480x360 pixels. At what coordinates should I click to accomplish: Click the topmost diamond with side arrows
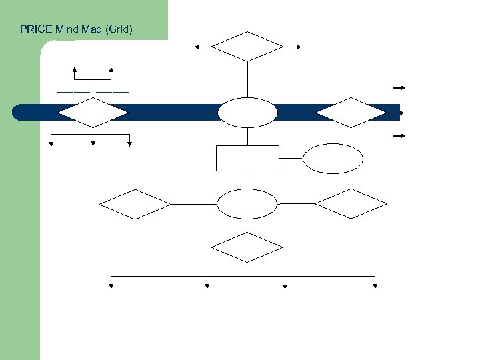coord(247,47)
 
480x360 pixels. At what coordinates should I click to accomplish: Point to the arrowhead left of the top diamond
coord(197,47)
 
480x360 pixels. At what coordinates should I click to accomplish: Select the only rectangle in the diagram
coord(247,158)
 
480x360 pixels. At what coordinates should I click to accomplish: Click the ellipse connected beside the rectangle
coord(333,159)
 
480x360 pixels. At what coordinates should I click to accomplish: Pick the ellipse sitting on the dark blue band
coord(247,113)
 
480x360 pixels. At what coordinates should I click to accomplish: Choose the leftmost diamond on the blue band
coord(93,113)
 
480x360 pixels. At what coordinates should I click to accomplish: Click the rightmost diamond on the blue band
coord(351,113)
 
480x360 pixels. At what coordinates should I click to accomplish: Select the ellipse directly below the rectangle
coord(247,204)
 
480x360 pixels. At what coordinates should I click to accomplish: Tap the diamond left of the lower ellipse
coord(135,204)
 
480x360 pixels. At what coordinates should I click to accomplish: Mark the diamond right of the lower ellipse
coord(351,204)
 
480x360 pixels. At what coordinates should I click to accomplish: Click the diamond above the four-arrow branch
coord(247,247)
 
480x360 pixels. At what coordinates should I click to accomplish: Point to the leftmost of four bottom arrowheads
coord(111,286)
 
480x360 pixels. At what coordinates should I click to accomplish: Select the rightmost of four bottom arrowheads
coord(375,286)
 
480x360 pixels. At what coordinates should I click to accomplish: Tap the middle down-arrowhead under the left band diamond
coord(93,142)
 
